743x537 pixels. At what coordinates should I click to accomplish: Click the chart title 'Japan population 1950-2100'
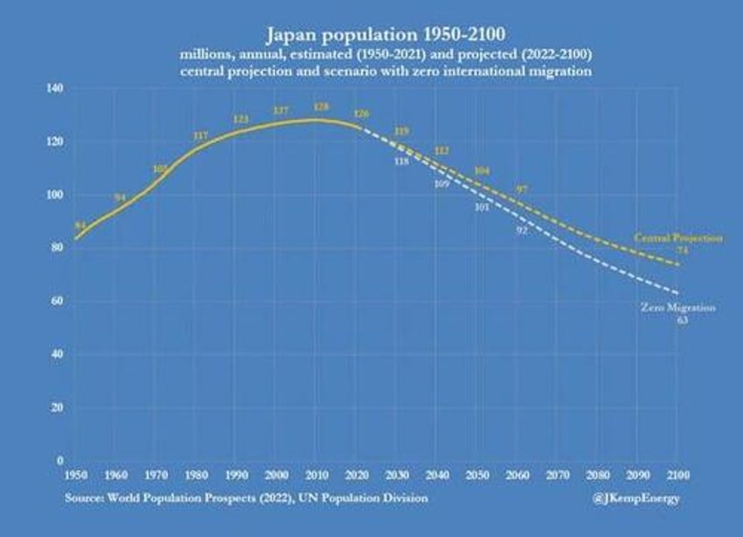tap(371, 36)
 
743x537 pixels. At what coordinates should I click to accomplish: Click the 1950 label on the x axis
tap(75, 475)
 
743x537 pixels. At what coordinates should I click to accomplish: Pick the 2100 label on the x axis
tap(678, 475)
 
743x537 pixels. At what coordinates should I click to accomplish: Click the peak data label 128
tap(321, 108)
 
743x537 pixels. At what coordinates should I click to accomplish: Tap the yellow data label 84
tap(80, 226)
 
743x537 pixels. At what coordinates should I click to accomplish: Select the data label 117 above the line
tap(200, 136)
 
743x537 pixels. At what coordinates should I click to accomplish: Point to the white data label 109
tap(442, 185)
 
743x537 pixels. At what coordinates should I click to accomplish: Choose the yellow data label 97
tap(521, 189)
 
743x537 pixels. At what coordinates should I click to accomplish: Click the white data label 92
tap(521, 230)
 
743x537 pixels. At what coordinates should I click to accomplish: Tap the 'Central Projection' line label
tap(678, 238)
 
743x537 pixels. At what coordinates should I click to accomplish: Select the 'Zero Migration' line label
tap(678, 308)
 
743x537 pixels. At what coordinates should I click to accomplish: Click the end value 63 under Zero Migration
tap(682, 321)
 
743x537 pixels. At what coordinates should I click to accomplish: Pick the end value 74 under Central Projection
tap(682, 251)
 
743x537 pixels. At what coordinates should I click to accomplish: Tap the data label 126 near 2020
tap(360, 114)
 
